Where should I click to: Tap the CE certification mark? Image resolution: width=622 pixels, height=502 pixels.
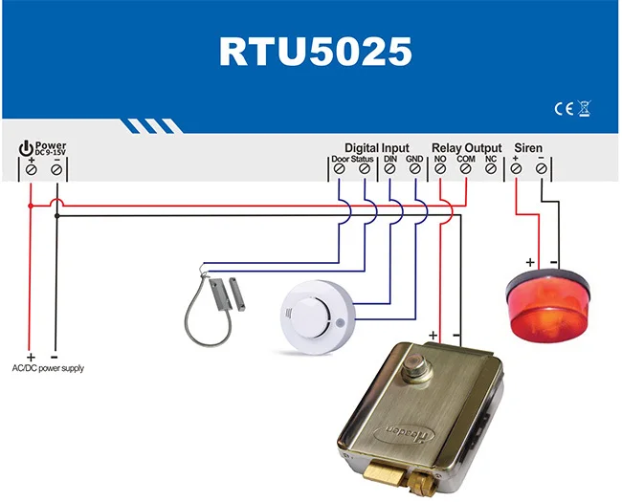coord(564,109)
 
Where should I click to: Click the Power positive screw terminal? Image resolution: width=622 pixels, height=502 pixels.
coord(31,169)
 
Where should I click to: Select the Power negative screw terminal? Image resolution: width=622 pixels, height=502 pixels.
coord(56,169)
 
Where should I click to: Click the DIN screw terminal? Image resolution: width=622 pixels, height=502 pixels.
coord(390,169)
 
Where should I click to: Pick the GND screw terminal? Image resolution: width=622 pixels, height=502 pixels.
coord(415,169)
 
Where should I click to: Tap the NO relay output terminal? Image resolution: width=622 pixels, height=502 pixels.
coord(440,169)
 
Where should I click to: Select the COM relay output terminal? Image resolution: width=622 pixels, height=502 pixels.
coord(465,169)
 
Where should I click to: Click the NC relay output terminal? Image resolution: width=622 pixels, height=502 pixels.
coord(491,169)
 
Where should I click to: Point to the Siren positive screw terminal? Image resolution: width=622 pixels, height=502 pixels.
coord(516,169)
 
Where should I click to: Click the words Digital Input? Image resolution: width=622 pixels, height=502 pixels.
coord(376,147)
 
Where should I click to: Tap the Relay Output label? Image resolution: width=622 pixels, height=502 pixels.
coord(466,147)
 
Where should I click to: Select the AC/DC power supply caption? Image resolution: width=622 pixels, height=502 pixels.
coord(47,367)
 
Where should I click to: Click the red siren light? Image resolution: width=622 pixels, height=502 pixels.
coord(548,306)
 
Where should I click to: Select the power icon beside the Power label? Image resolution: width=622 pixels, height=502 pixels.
coord(25,148)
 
